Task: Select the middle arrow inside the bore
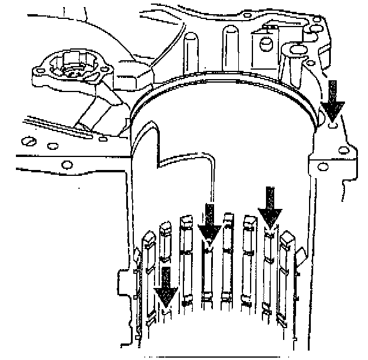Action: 209,223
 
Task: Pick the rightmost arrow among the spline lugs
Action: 270,207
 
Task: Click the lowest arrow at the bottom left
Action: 167,286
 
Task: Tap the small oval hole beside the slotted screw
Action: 52,145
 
